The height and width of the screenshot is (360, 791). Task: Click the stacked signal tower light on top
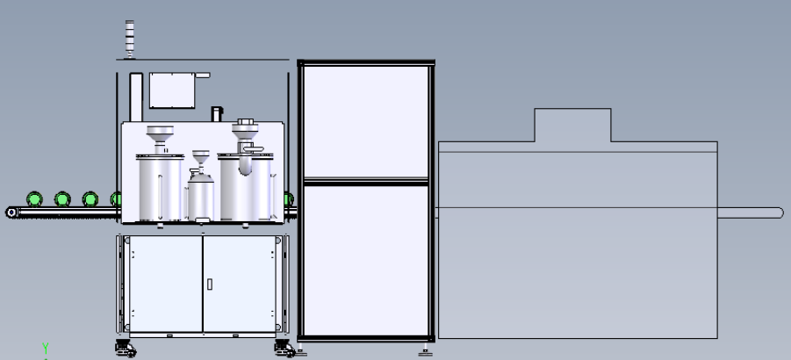130,40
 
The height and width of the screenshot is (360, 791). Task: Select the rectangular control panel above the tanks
172,90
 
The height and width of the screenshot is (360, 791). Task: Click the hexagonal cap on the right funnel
245,122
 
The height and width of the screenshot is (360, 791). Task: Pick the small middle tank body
201,197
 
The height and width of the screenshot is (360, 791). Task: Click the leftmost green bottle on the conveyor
34,199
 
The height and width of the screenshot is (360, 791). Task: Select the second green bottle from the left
62,199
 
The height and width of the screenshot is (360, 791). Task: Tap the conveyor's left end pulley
11,212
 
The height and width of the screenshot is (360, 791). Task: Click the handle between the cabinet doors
210,284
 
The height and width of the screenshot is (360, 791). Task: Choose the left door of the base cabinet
166,284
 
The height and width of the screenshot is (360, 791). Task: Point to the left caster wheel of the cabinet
126,349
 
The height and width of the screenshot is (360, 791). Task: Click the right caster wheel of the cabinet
285,349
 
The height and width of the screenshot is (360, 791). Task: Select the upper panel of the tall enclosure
366,121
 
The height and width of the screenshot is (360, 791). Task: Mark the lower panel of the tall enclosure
366,261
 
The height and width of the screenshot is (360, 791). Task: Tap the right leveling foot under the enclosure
425,351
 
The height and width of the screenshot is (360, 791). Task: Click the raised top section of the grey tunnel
572,125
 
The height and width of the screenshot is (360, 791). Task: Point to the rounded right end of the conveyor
779,212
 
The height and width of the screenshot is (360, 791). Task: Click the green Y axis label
46,348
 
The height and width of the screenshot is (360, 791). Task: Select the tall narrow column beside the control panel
136,97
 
